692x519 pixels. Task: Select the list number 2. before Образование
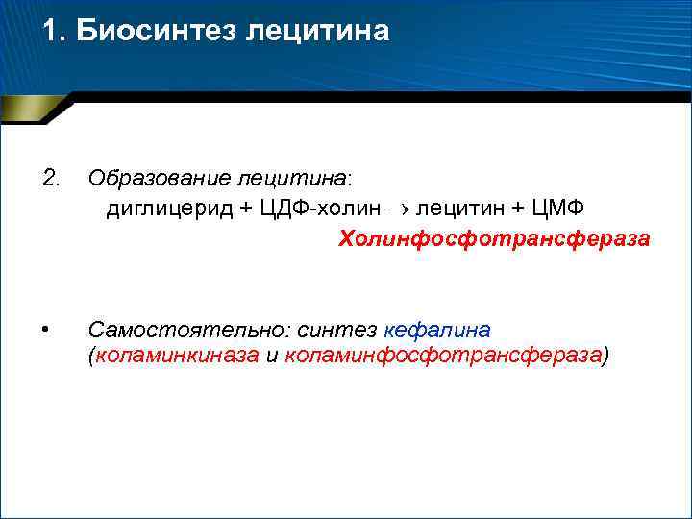coord(51,177)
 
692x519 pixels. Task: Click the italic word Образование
coord(148,179)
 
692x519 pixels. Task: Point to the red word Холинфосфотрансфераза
coord(494,238)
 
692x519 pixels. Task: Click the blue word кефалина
coord(437,330)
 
